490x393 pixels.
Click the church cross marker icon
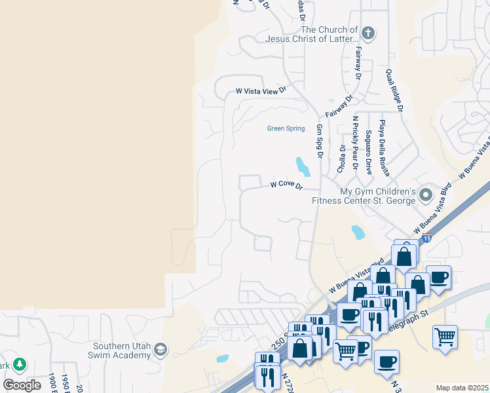[x=368, y=33]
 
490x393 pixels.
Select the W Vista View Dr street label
[x=261, y=92]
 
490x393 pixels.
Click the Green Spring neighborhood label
[x=286, y=128]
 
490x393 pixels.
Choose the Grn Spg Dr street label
[x=320, y=141]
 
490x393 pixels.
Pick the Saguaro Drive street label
[x=369, y=152]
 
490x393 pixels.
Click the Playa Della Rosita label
[x=384, y=147]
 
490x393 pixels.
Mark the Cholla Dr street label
[x=341, y=157]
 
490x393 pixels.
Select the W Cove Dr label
[x=287, y=185]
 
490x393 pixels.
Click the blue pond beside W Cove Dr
[x=303, y=166]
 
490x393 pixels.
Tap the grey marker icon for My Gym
[x=426, y=195]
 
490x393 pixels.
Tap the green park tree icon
[x=20, y=364]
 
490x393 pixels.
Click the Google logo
[x=22, y=385]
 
